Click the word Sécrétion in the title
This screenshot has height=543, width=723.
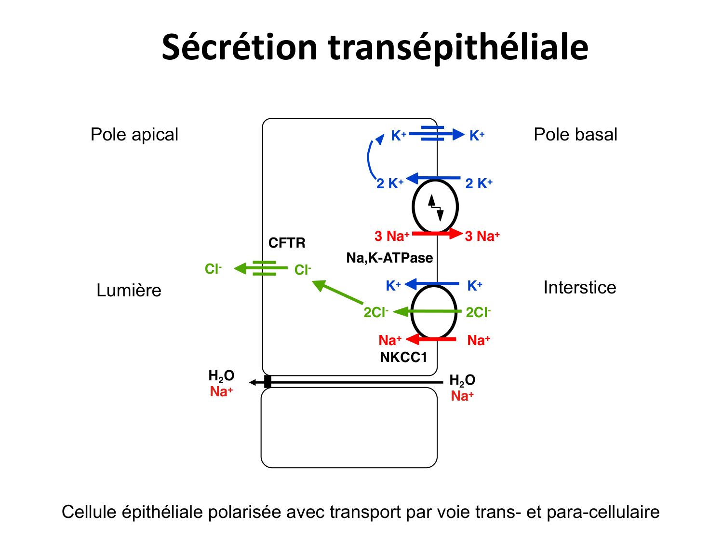click(240, 47)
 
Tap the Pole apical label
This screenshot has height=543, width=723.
click(134, 135)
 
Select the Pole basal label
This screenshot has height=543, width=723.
click(575, 135)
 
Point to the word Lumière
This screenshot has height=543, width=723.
click(129, 291)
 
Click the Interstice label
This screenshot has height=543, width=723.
click(579, 288)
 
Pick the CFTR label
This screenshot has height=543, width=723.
click(287, 243)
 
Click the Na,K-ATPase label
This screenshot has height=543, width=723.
click(389, 258)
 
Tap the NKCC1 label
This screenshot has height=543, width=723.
click(403, 357)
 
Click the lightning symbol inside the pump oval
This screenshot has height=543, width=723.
click(436, 207)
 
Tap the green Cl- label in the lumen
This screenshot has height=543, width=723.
click(213, 269)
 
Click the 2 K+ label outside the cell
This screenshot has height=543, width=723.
click(479, 183)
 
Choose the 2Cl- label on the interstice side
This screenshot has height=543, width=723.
click(478, 312)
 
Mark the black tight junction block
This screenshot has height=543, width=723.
click(268, 382)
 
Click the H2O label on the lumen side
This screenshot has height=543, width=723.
click(221, 376)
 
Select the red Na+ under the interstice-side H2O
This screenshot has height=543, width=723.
click(462, 396)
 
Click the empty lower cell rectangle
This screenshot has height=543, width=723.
click(349, 428)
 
